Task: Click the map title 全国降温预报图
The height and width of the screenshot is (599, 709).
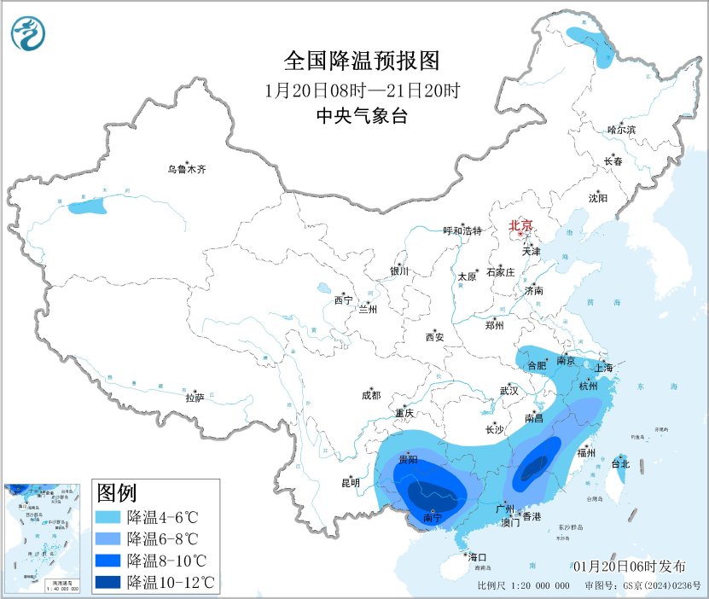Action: [361, 61]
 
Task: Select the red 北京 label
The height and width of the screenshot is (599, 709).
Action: [520, 225]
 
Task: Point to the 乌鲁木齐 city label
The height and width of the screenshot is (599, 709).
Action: [186, 170]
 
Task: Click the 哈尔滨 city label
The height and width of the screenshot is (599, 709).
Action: [621, 130]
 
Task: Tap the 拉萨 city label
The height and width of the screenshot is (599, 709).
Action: [195, 397]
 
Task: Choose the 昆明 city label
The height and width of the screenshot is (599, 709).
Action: [351, 483]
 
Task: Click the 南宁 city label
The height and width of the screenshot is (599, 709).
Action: [433, 518]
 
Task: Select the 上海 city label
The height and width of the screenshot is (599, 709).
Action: [604, 368]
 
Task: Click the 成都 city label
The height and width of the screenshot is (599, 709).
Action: [370, 395]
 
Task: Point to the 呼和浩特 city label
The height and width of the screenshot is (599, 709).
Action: [462, 230]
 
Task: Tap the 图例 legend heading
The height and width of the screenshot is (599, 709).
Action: [116, 493]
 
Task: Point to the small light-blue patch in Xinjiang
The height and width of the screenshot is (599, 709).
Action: [88, 206]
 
